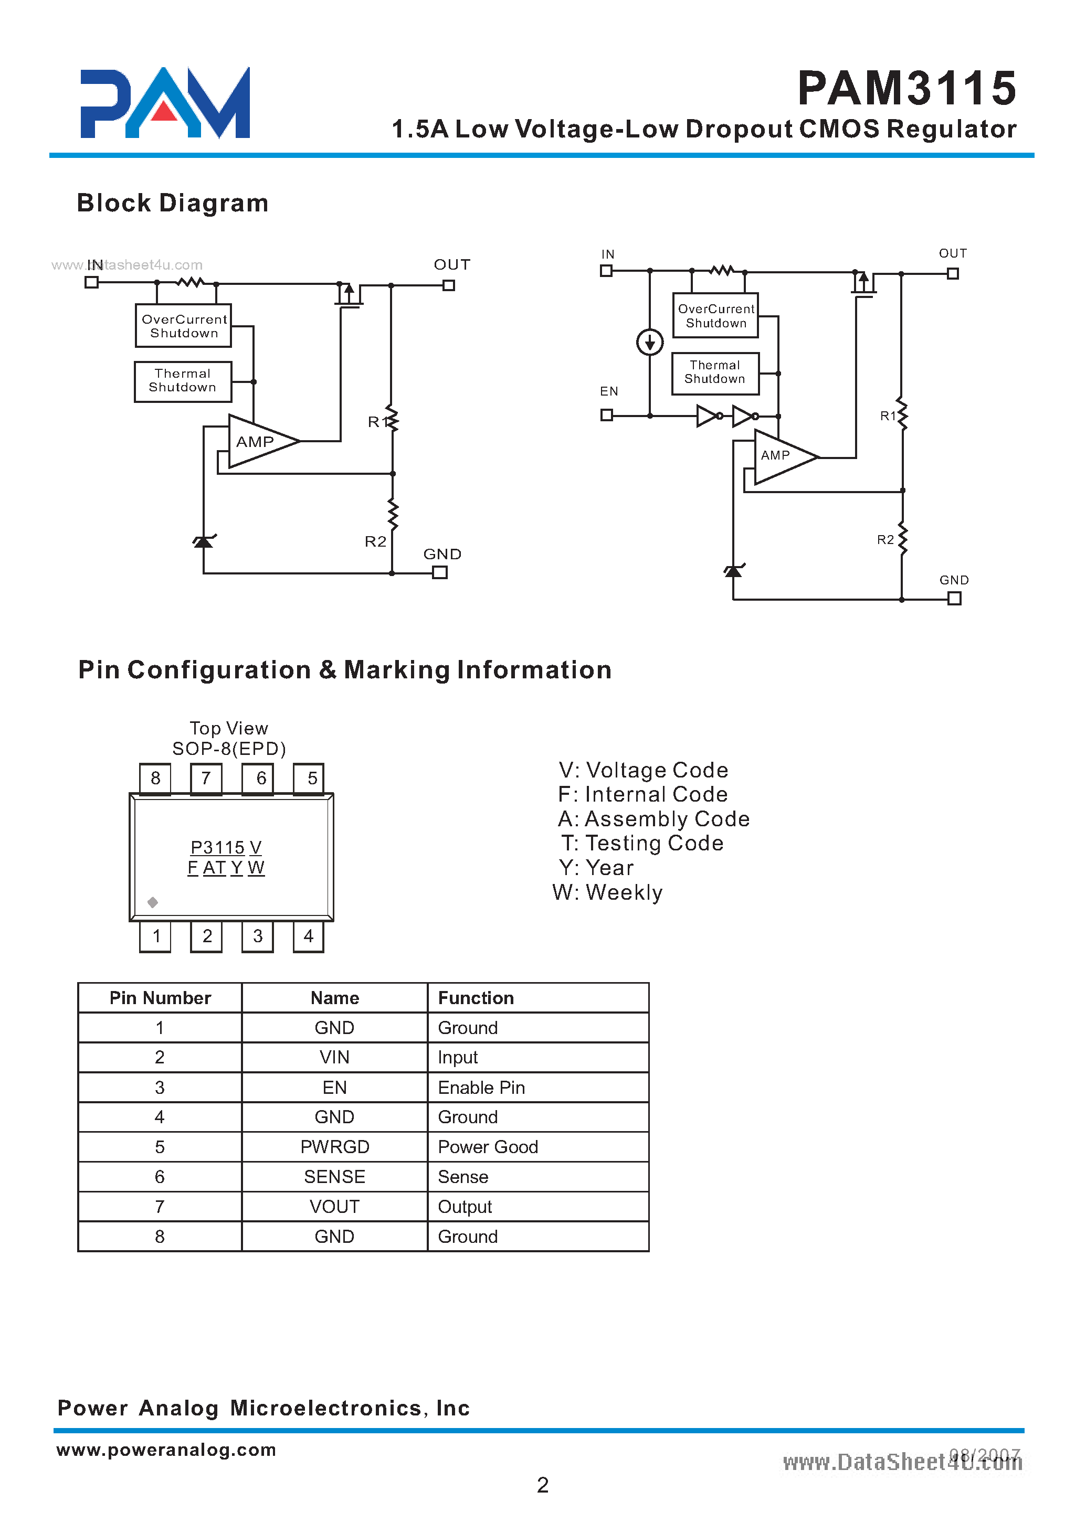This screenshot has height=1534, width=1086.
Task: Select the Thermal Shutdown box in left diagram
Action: click(183, 381)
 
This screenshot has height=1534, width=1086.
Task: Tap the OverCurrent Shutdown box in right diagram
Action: click(715, 315)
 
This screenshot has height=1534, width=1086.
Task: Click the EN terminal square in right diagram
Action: click(607, 415)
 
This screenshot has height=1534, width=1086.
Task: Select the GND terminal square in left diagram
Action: click(439, 573)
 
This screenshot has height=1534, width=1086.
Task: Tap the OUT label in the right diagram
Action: click(952, 253)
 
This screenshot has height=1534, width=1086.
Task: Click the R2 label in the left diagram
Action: click(375, 541)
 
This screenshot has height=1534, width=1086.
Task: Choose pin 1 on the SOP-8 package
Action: click(156, 936)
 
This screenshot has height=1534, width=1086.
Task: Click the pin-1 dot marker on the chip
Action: click(152, 902)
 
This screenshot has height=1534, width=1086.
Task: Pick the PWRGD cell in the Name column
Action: click(334, 1147)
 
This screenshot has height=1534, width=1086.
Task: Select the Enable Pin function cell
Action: click(481, 1088)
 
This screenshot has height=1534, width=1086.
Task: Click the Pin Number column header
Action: click(160, 998)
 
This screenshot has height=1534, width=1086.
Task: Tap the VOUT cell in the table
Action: click(334, 1207)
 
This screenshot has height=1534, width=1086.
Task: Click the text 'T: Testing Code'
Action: click(642, 844)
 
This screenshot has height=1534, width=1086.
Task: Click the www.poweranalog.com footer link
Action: click(166, 1449)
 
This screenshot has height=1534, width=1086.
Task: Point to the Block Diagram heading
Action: click(173, 203)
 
